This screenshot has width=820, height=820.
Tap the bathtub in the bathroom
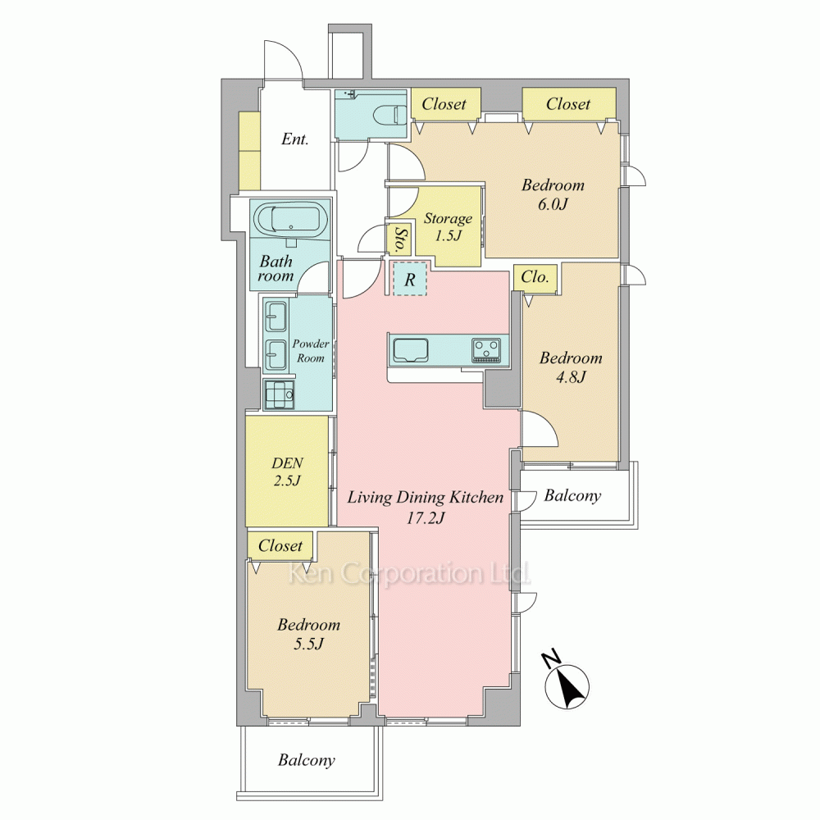point(291,219)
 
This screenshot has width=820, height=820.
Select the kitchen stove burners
point(487,350)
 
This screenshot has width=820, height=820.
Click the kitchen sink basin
point(411,349)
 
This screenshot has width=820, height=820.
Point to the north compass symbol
point(567,685)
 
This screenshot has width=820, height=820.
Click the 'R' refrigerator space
point(409,280)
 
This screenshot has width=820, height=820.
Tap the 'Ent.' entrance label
point(295,139)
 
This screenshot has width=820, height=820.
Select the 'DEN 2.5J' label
point(287,471)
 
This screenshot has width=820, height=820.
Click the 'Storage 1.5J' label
point(448,226)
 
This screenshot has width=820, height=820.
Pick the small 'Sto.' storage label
point(401,239)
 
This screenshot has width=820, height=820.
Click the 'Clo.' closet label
point(535,276)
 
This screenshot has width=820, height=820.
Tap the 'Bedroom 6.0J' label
point(553,194)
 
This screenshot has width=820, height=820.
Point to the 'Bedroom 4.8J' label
point(571,367)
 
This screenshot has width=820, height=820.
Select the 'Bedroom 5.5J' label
point(308,633)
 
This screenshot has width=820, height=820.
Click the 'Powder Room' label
point(311,351)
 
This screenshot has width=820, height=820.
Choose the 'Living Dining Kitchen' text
point(425,497)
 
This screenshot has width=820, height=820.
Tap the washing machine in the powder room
point(280,394)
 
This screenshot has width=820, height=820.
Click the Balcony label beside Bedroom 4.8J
point(572,495)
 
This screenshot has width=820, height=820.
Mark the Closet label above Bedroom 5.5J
point(280,545)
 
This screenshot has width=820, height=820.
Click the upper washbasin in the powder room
point(276,316)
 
